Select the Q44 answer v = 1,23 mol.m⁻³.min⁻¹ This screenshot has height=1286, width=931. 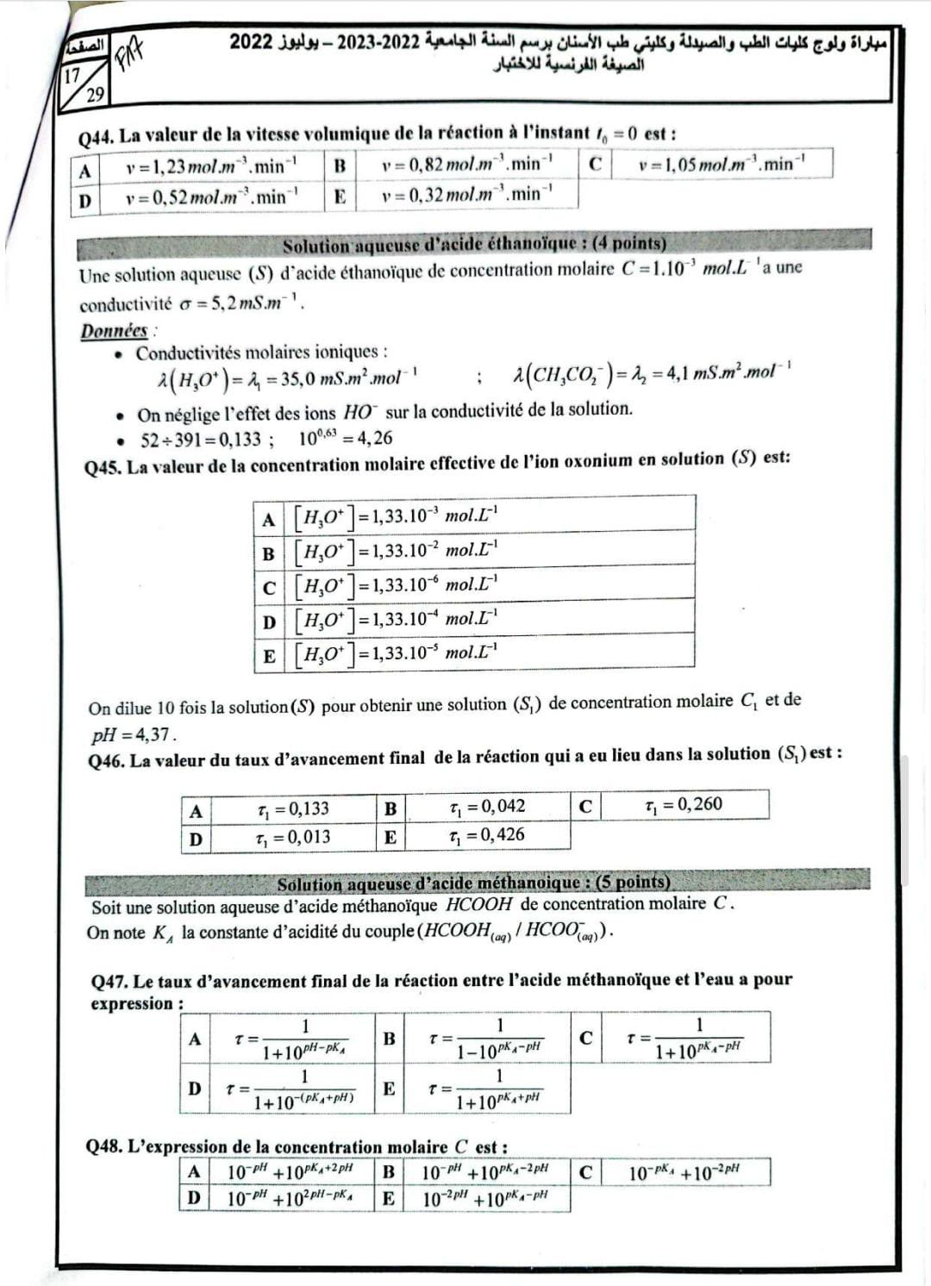tap(211, 165)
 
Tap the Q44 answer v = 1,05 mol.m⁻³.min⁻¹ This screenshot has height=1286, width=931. tap(722, 164)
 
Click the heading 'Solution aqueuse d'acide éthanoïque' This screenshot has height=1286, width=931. tap(474, 244)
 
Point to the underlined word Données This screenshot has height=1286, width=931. tap(115, 331)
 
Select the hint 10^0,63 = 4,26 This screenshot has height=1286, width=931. tap(345, 438)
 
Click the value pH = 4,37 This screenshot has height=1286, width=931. tap(134, 735)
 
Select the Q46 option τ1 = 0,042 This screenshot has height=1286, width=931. tap(487, 807)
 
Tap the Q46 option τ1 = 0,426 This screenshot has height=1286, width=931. tap(487, 835)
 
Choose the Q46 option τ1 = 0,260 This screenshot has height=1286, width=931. tap(684, 805)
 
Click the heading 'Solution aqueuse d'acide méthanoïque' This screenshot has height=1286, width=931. tap(473, 883)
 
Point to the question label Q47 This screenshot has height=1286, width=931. tap(109, 981)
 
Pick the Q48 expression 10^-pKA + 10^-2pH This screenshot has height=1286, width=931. tap(684, 1173)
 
